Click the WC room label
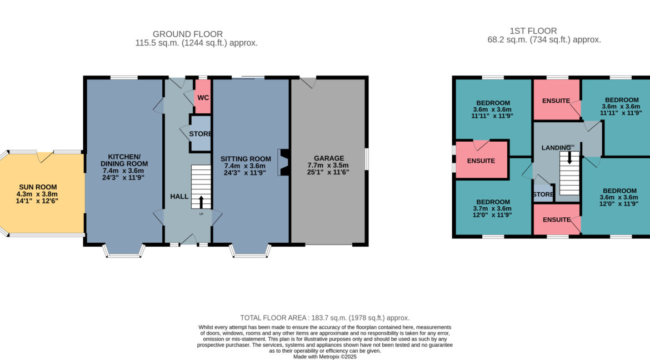pyautogui.click(x=203, y=98)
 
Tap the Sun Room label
pyautogui.click(x=38, y=187)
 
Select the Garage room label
pyautogui.click(x=329, y=158)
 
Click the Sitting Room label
pyautogui.click(x=246, y=159)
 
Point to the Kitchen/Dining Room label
pyautogui.click(x=124, y=160)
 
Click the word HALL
pyautogui.click(x=179, y=197)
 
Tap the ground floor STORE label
pyautogui.click(x=200, y=134)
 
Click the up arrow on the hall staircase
pyautogui.click(x=202, y=202)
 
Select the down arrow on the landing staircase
pyautogui.click(x=569, y=158)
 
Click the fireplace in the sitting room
pyautogui.click(x=284, y=162)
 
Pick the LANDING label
pyautogui.click(x=556, y=148)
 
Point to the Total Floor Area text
pyautogui.click(x=324, y=318)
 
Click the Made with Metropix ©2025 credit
pyautogui.click(x=324, y=357)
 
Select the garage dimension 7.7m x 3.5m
pyautogui.click(x=328, y=165)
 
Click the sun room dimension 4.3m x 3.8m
pyautogui.click(x=37, y=194)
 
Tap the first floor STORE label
pyautogui.click(x=543, y=194)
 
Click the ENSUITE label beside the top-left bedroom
pyautogui.click(x=481, y=161)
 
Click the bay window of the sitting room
pyautogui.click(x=250, y=251)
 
